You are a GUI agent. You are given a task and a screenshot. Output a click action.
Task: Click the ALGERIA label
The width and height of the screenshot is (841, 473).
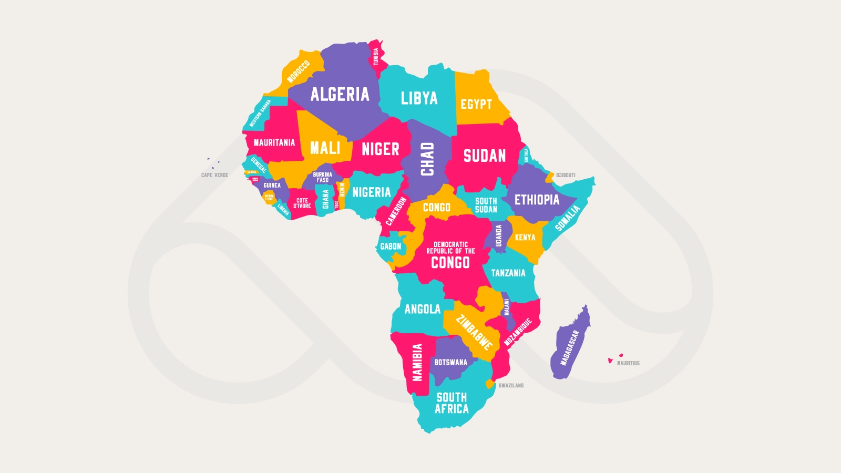[340, 95]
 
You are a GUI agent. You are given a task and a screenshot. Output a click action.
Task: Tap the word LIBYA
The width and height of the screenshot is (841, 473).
[419, 98]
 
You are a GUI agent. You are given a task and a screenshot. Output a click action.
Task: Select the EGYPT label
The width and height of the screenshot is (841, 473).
[476, 104]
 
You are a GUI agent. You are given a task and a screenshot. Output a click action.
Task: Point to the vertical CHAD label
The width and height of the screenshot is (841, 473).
[427, 159]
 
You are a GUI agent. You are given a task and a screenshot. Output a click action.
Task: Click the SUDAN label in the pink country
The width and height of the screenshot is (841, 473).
[484, 156]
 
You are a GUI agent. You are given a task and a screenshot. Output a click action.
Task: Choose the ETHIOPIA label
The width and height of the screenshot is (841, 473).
[537, 200]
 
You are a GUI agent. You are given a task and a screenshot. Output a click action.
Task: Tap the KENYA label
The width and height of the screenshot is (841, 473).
[525, 238]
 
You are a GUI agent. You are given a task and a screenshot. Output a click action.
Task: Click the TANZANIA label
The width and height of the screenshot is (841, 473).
[508, 273]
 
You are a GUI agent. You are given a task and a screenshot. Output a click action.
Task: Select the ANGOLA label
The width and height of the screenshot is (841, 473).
[422, 309]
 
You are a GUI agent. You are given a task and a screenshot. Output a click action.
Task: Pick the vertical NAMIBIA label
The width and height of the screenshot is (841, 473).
[417, 362]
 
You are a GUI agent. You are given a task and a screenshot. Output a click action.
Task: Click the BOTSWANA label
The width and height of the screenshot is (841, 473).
[450, 362]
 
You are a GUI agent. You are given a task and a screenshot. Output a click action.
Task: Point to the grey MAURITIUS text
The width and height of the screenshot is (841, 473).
[628, 363]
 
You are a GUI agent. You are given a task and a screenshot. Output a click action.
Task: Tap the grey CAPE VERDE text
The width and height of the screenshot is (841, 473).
[214, 175]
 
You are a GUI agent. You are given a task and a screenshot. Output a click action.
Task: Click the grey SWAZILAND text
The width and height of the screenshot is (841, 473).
[511, 386]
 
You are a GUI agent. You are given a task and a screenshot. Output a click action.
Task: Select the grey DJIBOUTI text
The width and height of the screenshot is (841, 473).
[566, 175]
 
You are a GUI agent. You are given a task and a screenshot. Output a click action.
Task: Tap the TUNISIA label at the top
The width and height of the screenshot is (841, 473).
[376, 57]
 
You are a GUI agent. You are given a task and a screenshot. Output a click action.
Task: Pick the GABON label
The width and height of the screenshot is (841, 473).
[391, 246]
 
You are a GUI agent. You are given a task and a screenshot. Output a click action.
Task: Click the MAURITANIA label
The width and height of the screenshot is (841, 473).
[274, 142]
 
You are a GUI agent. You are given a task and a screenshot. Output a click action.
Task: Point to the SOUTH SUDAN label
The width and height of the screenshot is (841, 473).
[486, 205]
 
